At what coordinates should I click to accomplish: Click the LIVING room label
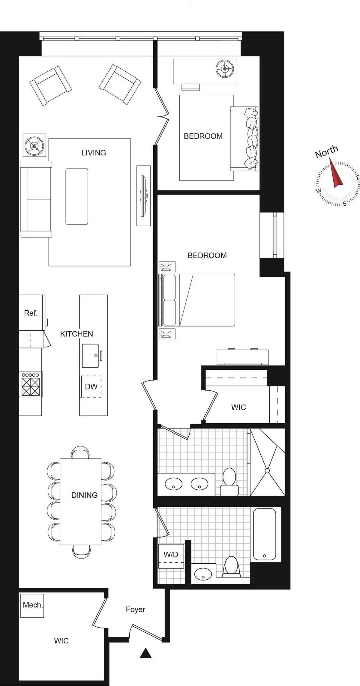94,153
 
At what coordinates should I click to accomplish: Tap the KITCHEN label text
76,334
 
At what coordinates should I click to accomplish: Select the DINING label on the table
84,495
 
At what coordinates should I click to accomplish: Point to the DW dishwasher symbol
91,386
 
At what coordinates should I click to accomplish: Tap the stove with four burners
31,384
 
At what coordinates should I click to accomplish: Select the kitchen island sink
90,356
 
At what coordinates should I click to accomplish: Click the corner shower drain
267,470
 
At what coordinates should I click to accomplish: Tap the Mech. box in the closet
32,605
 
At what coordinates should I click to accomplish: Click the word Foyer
135,609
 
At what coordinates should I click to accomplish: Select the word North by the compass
326,151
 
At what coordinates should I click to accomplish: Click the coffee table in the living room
77,196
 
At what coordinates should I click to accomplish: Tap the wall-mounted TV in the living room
143,195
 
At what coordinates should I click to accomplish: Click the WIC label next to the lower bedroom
238,407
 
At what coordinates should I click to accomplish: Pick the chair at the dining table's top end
80,453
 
